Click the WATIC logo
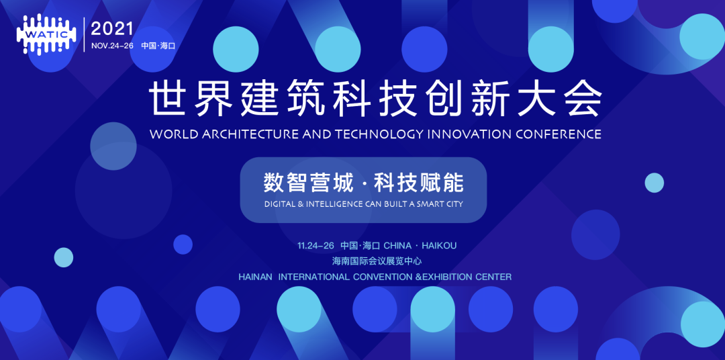click(x=46, y=35)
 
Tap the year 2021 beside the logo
click(x=113, y=28)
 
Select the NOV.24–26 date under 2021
click(x=112, y=46)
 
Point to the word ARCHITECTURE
click(x=247, y=134)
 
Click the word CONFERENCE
click(x=559, y=134)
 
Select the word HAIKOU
click(x=439, y=246)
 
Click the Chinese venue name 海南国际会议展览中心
click(x=377, y=261)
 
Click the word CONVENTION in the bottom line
click(x=383, y=277)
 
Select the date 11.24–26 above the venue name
click(x=316, y=246)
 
